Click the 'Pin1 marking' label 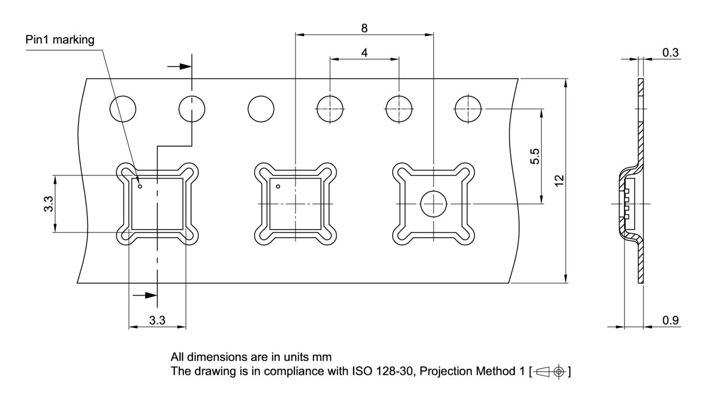tap(60, 40)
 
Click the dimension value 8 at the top tap(364, 28)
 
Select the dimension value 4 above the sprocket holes tap(364, 52)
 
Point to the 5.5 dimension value tap(534, 157)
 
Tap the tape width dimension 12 tap(559, 180)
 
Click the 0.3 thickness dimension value tap(671, 52)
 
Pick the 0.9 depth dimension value tap(671, 320)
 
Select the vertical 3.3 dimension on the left tap(48, 204)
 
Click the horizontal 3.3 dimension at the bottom tap(157, 320)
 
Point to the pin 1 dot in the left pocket tap(140, 186)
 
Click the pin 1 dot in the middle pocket tap(279, 186)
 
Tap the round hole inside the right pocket tap(433, 204)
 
